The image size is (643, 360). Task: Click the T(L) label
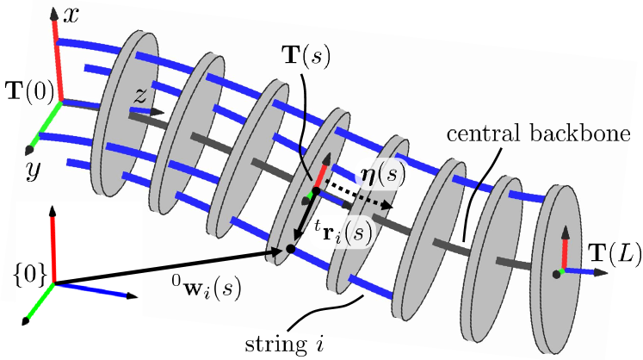coord(612,252)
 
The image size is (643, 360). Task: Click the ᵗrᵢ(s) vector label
coord(331,233)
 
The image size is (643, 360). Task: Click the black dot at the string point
coord(290,249)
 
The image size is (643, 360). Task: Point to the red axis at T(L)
coord(564,252)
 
